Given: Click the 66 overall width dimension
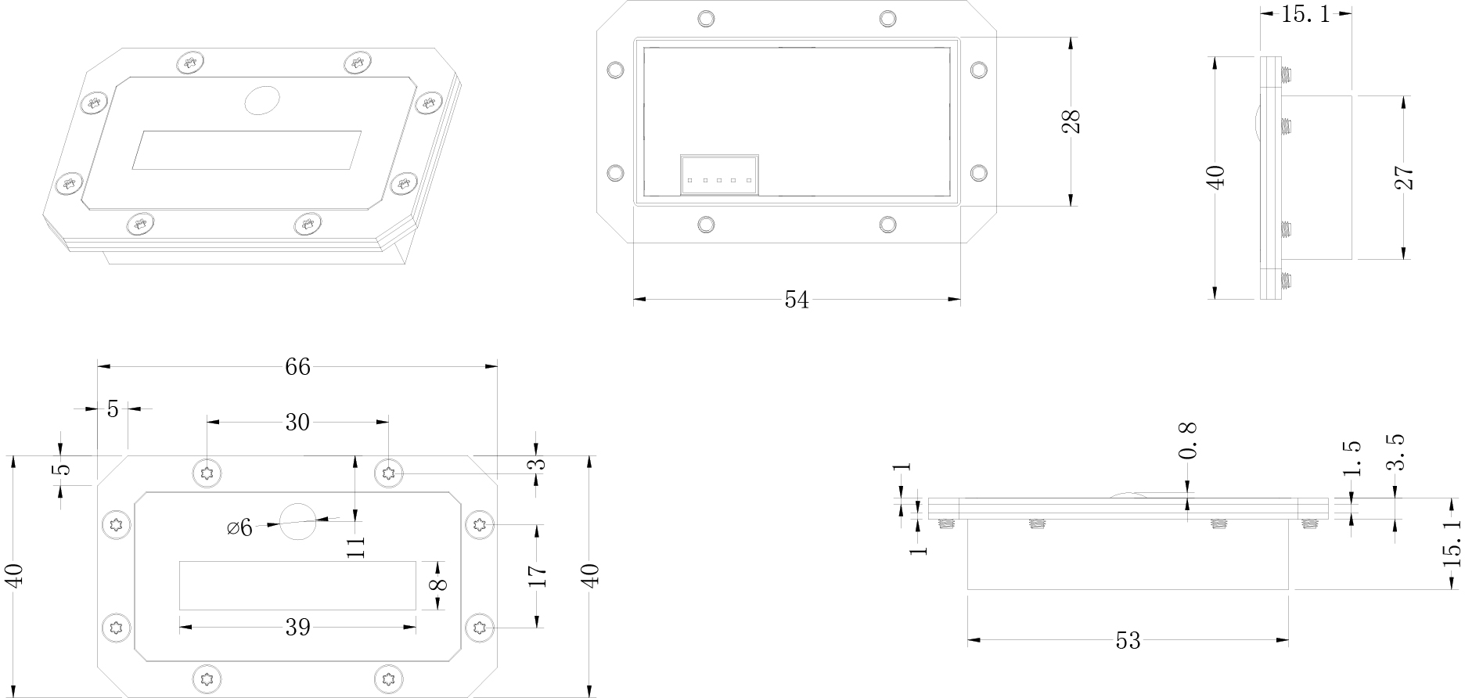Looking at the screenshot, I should click(297, 366).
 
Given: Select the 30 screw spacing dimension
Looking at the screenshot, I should click(297, 423).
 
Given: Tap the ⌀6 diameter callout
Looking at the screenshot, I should click(240, 527).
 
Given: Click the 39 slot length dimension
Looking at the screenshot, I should click(297, 627).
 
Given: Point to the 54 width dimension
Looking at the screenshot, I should click(797, 300).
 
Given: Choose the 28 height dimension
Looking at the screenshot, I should click(1071, 121).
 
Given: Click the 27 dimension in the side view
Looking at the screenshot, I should click(1405, 178).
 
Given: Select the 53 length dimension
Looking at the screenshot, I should click(1128, 641).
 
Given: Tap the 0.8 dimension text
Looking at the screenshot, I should click(1188, 440).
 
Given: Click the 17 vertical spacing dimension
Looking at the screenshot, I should click(537, 575).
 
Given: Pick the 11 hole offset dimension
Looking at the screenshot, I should click(355, 545).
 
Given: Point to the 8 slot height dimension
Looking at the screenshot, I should click(438, 585).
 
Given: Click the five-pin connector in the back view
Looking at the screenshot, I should click(719, 174).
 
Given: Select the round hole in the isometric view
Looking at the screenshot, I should click(262, 100).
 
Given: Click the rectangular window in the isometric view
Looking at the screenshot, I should click(247, 149).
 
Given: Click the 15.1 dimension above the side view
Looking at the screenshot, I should click(1305, 14).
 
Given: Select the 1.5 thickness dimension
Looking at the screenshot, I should click(1352, 458).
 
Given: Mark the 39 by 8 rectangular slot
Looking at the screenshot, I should click(297, 585).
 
